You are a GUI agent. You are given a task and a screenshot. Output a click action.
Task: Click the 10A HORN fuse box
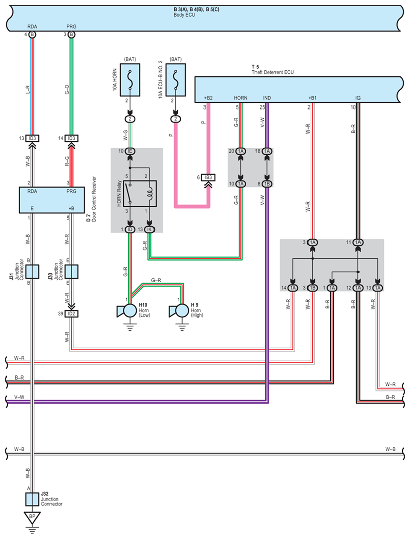click(x=130, y=80)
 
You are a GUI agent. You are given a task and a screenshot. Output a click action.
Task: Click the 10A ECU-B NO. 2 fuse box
click(x=175, y=80)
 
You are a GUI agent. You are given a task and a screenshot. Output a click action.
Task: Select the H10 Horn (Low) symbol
click(x=128, y=311)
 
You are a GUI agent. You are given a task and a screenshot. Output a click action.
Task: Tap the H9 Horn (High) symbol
click(x=180, y=311)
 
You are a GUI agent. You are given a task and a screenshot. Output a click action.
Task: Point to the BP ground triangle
click(x=32, y=517)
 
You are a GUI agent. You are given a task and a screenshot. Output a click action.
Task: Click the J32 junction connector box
click(x=32, y=499)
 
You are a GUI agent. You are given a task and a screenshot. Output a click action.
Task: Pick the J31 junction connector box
click(x=32, y=272)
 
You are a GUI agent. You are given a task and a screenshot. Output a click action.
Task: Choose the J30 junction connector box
click(x=72, y=272)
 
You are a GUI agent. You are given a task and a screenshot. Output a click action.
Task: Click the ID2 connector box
click(x=71, y=314)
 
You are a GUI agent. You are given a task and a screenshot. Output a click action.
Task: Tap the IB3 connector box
click(x=208, y=177)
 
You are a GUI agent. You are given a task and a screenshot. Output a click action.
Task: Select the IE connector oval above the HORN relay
click(x=130, y=151)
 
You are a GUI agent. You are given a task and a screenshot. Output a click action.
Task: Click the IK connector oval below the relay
click(x=149, y=229)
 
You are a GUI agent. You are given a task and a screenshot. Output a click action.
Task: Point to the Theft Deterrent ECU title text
click(x=273, y=72)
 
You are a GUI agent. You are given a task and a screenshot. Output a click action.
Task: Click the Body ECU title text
click(x=184, y=15)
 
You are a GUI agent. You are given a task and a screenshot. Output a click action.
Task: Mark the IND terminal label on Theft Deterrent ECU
click(x=267, y=98)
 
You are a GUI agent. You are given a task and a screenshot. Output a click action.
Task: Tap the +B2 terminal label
click(x=208, y=98)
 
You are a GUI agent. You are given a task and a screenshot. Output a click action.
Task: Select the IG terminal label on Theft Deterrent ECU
click(x=358, y=98)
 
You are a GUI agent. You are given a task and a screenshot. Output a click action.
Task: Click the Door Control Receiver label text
click(x=94, y=199)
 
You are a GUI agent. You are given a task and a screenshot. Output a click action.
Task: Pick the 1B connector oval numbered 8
click(x=267, y=184)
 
